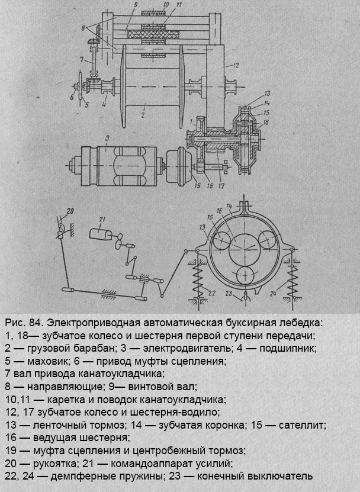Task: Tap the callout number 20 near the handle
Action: pyautogui.click(x=70, y=210)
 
